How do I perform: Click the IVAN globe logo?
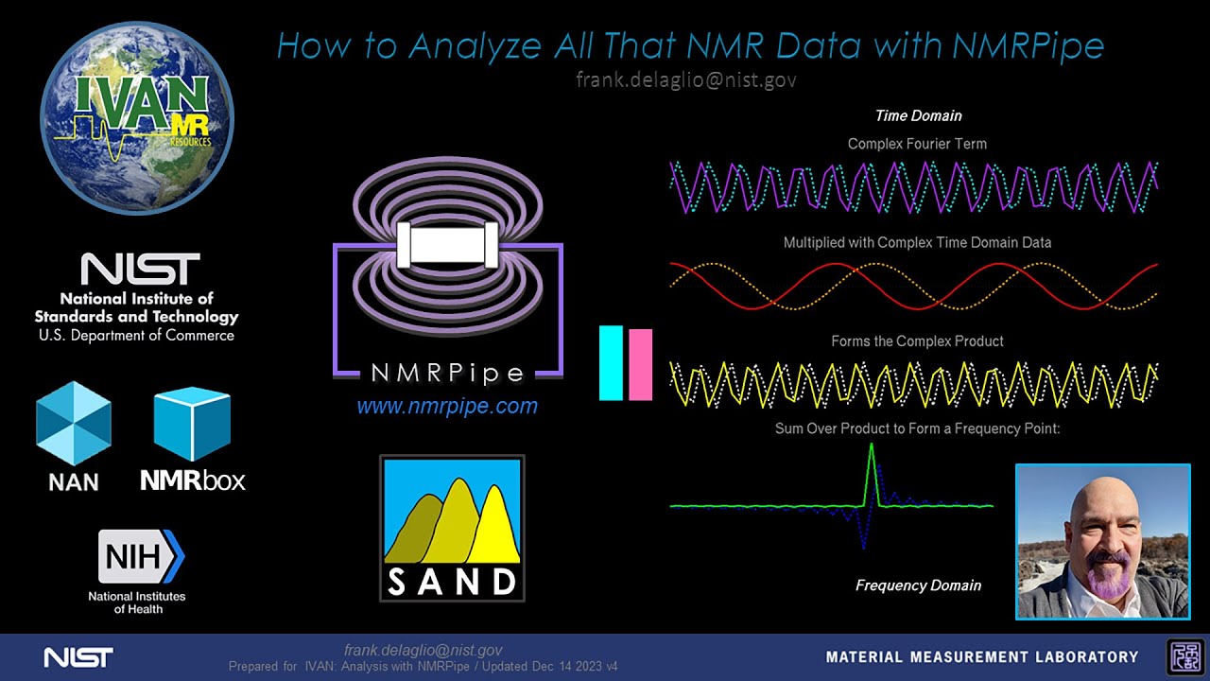pyautogui.click(x=137, y=118)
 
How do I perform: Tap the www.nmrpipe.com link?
pyautogui.click(x=447, y=407)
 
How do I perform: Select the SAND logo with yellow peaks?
pyautogui.click(x=452, y=528)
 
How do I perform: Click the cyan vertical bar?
pyautogui.click(x=611, y=363)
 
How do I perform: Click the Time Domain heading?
pyautogui.click(x=918, y=115)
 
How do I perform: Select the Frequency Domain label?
pyautogui.click(x=918, y=585)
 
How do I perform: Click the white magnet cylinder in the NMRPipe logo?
pyautogui.click(x=448, y=245)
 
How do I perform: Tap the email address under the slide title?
pyautogui.click(x=685, y=79)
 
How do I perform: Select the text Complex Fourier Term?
pyautogui.click(x=917, y=144)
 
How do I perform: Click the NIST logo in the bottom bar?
pyautogui.click(x=78, y=656)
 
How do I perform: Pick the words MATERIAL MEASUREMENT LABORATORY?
pyautogui.click(x=982, y=656)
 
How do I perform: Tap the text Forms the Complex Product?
pyautogui.click(x=917, y=340)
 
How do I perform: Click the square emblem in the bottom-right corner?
pyautogui.click(x=1184, y=656)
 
